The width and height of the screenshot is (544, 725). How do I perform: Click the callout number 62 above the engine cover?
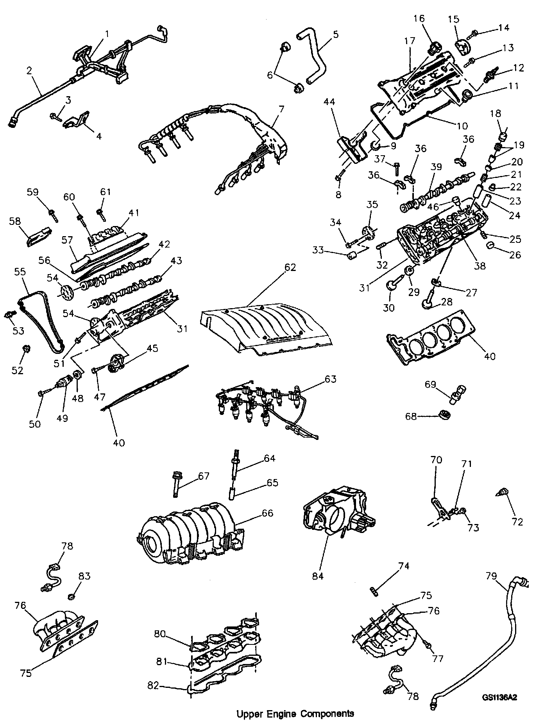[290, 267]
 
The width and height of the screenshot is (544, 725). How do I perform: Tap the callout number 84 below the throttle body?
[318, 576]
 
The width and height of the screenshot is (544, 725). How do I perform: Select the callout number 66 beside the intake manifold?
[267, 513]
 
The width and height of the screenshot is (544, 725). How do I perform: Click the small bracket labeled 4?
[77, 120]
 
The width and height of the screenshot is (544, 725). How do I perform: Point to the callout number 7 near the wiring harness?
[282, 108]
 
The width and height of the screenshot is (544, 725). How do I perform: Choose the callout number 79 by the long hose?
[492, 576]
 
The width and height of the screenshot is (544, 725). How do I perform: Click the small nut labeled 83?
[71, 597]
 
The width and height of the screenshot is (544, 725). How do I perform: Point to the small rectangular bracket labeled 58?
[39, 236]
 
